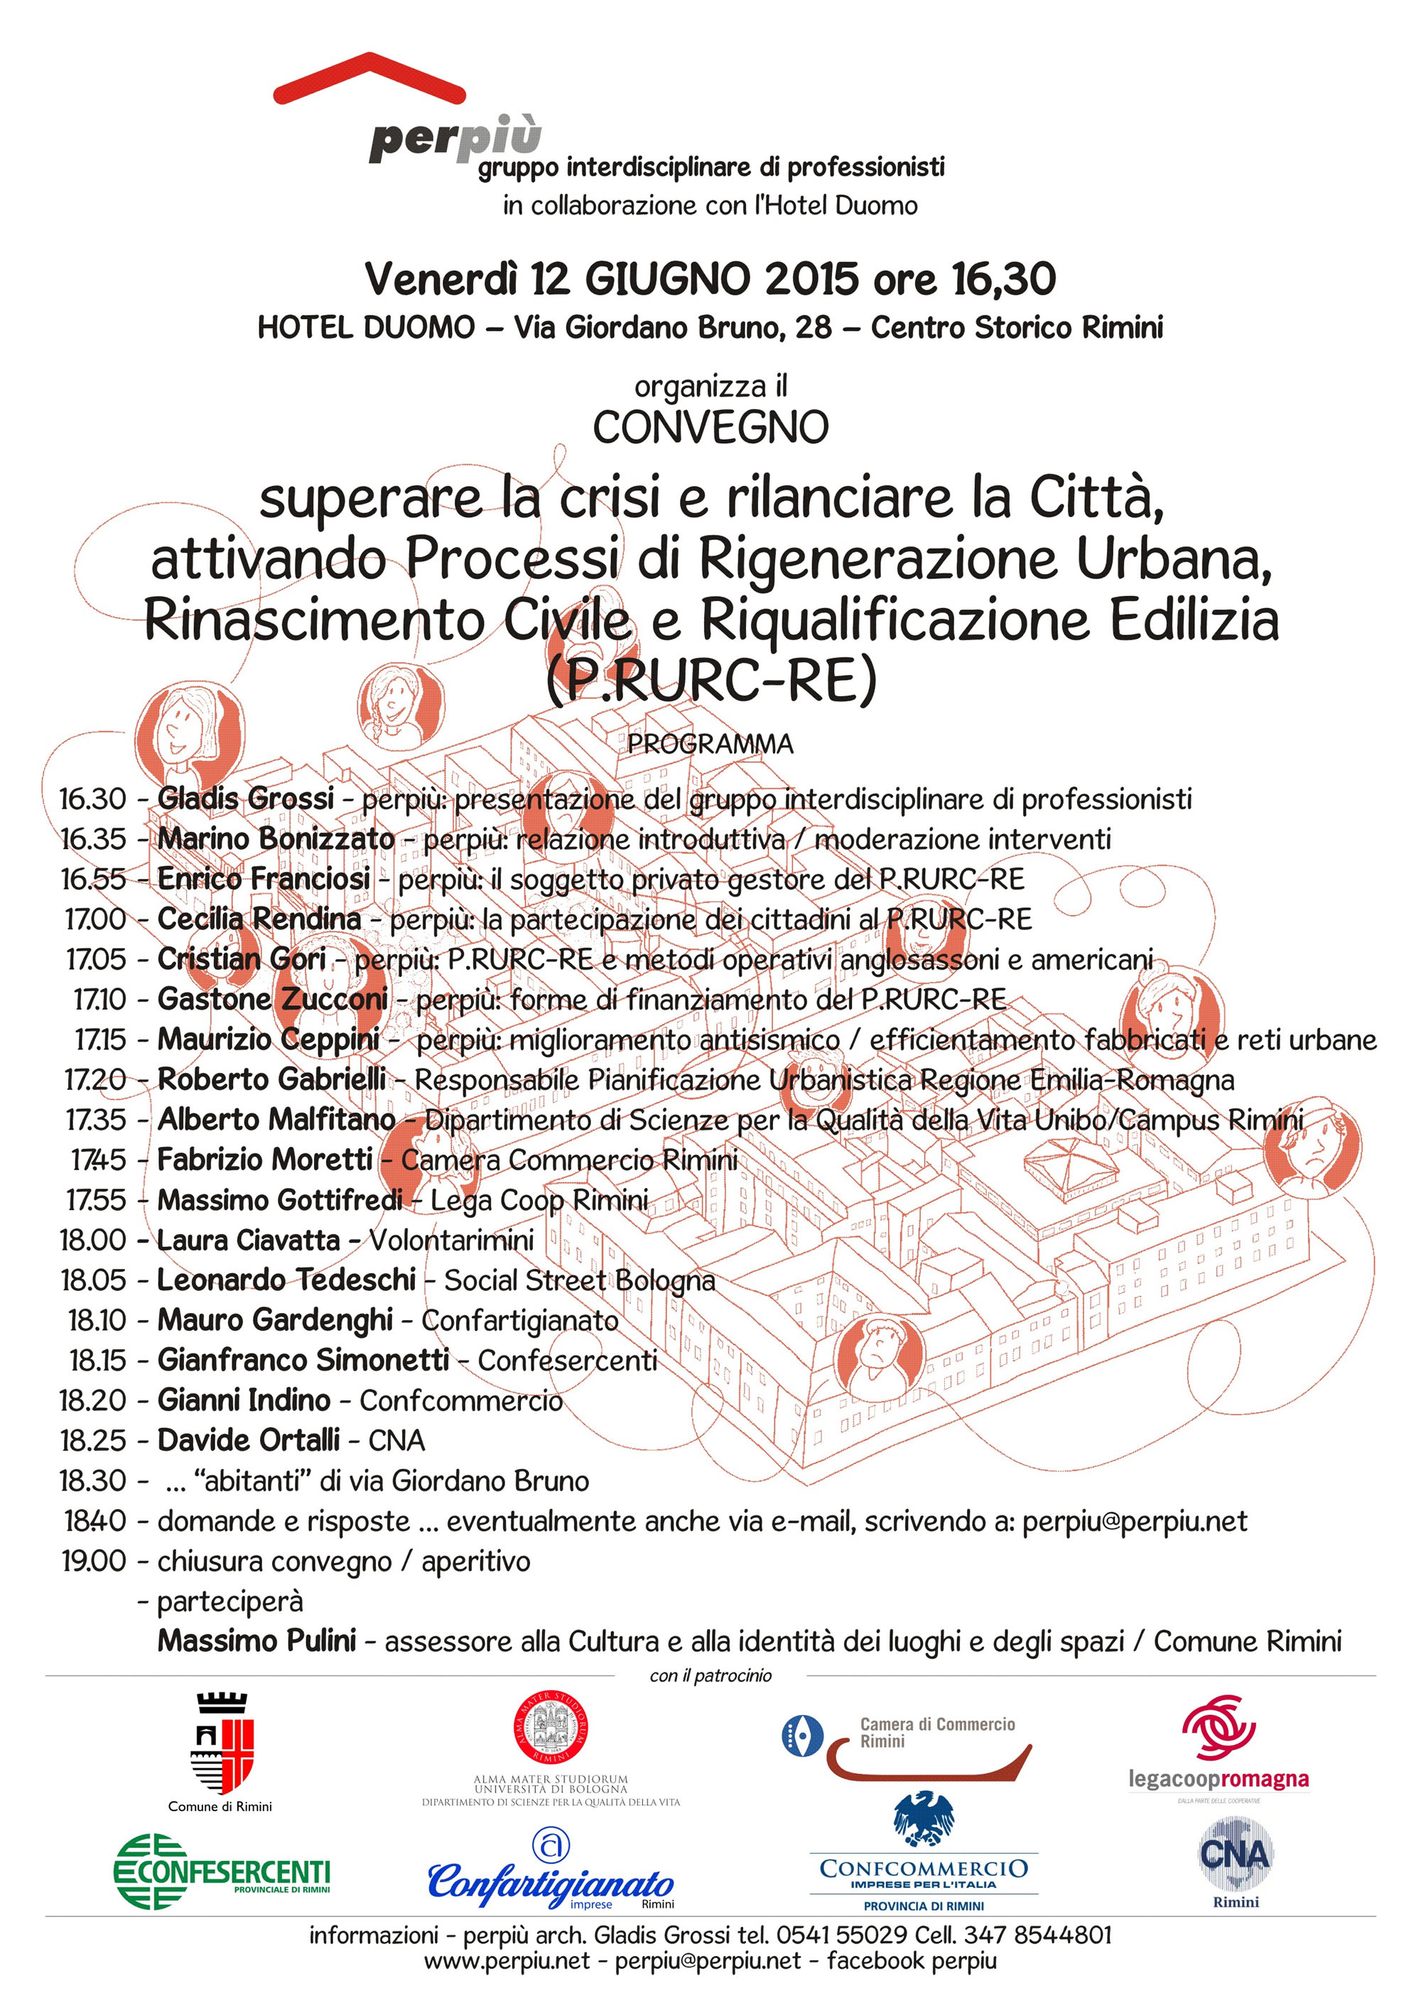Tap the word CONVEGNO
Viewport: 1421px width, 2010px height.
coord(710,427)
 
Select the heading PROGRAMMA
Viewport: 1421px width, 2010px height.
coord(710,744)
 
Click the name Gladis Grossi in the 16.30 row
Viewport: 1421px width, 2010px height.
coord(245,799)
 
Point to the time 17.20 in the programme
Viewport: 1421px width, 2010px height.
coord(95,1079)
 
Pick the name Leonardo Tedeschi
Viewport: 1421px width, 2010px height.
coord(286,1280)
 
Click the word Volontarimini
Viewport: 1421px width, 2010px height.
coord(451,1240)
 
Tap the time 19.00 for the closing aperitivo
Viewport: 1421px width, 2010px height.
coord(94,1560)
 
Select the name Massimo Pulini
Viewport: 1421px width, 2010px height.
coord(256,1641)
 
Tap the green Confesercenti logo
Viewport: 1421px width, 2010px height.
coord(222,1871)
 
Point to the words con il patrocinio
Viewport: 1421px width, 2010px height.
coord(710,1675)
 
